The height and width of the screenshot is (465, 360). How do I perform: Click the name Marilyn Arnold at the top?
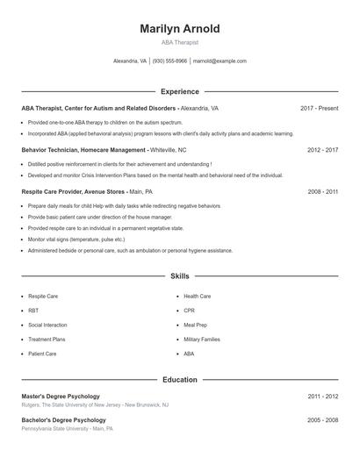point(180,29)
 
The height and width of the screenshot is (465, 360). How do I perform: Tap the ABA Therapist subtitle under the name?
point(180,42)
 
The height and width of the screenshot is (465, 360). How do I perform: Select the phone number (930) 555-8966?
point(169,61)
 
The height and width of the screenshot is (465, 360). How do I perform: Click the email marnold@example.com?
point(220,61)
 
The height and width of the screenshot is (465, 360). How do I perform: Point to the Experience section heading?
point(180,91)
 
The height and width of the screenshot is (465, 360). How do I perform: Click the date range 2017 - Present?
point(319,108)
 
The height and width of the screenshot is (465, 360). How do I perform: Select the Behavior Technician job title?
point(83,150)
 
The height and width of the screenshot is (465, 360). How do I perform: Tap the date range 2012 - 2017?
point(322,150)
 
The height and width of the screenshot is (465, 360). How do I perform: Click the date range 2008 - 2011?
point(322,191)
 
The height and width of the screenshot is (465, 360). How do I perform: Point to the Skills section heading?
point(180,275)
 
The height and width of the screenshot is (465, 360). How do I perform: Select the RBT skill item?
point(33,311)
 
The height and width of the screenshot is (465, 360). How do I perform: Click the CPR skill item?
point(189,311)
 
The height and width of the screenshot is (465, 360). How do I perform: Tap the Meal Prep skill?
point(195,325)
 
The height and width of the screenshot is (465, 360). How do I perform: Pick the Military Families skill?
point(202,339)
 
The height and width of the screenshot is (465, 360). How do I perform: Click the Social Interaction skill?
point(47,325)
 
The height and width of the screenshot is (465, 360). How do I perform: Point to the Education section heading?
point(180,380)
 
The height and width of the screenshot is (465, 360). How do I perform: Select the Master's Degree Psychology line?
point(61,397)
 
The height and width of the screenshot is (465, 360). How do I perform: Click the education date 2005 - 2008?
point(322,420)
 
